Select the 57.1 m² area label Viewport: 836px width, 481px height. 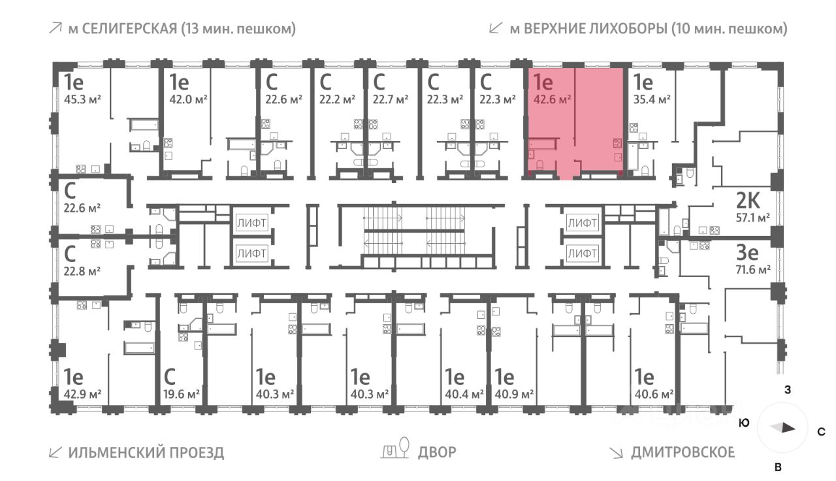pyautogui.click(x=753, y=218)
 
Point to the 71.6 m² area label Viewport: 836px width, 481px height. pyautogui.click(x=753, y=269)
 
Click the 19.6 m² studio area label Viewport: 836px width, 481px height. pyautogui.click(x=181, y=394)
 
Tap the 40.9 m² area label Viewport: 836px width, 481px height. pyautogui.click(x=515, y=394)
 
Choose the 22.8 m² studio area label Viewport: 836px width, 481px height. pyautogui.click(x=82, y=269)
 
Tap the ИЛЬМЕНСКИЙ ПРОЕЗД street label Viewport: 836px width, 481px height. pyautogui.click(x=146, y=452)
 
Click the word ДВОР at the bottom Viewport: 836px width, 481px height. pyautogui.click(x=438, y=452)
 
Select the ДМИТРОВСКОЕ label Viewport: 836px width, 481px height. pyautogui.click(x=683, y=452)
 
